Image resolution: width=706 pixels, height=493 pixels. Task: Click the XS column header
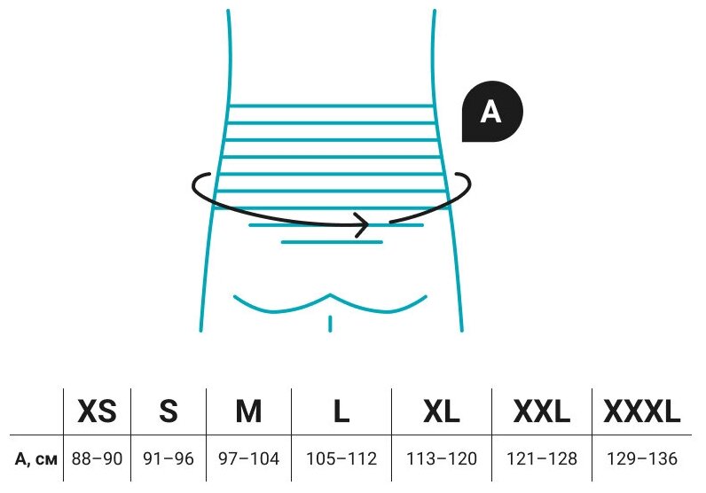(x=98, y=411)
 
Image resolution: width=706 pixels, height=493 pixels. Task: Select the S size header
(x=168, y=411)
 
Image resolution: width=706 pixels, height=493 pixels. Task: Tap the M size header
(x=248, y=411)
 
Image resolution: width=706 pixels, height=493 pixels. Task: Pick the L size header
(x=341, y=411)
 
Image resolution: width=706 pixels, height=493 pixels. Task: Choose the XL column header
(x=441, y=411)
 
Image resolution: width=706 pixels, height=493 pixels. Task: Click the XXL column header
(x=540, y=411)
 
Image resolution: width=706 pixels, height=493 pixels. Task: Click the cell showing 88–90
(x=98, y=458)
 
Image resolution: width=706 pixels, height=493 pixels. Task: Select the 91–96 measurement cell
(x=168, y=458)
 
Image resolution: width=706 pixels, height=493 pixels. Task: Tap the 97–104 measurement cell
(x=248, y=458)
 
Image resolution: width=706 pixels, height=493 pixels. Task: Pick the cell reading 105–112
(x=341, y=458)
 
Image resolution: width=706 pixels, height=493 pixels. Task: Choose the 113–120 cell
(x=441, y=458)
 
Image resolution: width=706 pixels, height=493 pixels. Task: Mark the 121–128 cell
(x=540, y=458)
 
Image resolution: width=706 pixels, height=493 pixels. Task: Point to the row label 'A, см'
(x=36, y=458)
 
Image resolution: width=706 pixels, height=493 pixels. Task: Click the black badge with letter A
(x=492, y=112)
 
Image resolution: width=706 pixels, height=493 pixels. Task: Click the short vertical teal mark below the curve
(x=330, y=322)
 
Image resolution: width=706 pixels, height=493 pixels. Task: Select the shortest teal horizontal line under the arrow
(x=331, y=241)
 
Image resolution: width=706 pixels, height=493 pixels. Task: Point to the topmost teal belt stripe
(x=331, y=107)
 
